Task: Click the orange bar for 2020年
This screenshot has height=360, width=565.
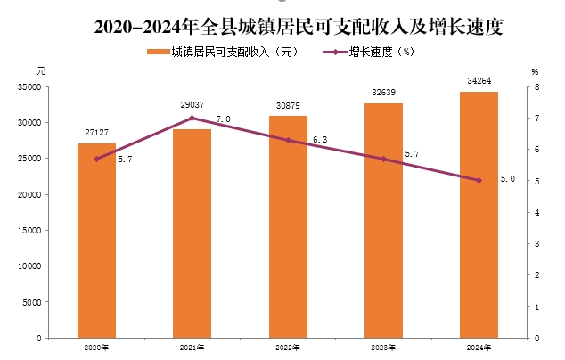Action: pyautogui.click(x=96, y=241)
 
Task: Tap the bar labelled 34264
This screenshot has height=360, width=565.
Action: pyautogui.click(x=479, y=215)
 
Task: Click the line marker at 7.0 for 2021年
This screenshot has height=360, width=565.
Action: pyautogui.click(x=192, y=118)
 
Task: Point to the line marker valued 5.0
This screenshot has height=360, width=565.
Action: pyautogui.click(x=479, y=180)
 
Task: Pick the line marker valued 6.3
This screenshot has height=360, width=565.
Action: pyautogui.click(x=288, y=140)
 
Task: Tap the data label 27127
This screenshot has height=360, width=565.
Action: pyautogui.click(x=96, y=132)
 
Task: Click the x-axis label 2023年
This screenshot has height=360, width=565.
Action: pyautogui.click(x=383, y=348)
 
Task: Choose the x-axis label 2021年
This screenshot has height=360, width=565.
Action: pyautogui.click(x=192, y=348)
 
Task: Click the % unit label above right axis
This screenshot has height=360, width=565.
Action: pyautogui.click(x=535, y=70)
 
